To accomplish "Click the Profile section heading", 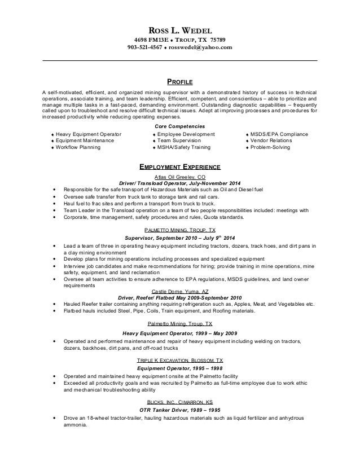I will coord(180,82).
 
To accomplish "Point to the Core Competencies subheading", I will coord(180,126).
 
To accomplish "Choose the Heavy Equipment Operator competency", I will coord(82,134).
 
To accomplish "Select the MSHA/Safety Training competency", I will coord(188,147).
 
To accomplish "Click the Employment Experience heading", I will coord(180,168).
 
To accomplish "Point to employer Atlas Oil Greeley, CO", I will coord(180,177).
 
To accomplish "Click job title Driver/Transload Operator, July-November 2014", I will coord(180,183).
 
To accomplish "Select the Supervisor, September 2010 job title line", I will coord(180,238).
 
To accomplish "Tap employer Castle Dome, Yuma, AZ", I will coord(180,291).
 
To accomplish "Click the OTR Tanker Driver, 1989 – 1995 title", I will coord(180,410).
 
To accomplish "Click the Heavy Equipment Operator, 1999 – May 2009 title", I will coord(180,332).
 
